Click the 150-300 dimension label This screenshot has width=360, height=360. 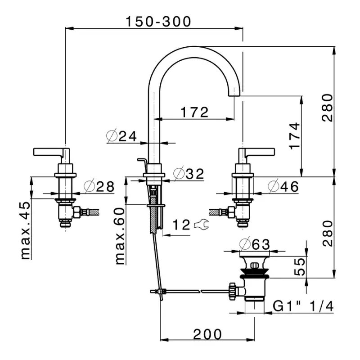click(x=158, y=21)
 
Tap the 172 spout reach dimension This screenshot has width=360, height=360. click(x=194, y=112)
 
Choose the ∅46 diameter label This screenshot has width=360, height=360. click(x=283, y=186)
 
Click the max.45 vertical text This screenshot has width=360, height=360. click(x=26, y=230)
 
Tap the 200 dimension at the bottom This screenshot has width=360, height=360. click(x=207, y=334)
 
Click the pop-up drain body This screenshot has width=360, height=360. click(x=255, y=279)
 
